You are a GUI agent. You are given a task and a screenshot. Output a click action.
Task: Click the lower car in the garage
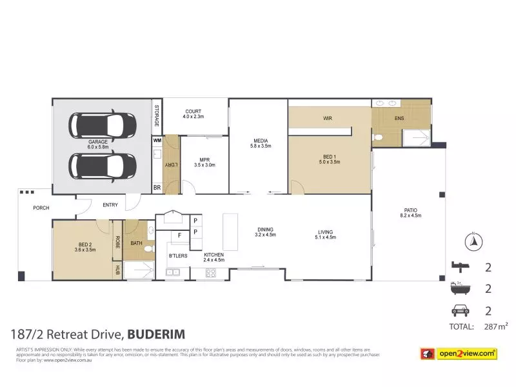[x=103, y=166]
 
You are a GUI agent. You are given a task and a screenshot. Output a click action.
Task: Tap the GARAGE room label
[x=98, y=143]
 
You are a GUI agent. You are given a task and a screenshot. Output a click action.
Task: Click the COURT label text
[x=193, y=114]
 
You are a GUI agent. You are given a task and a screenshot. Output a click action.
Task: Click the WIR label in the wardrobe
[x=327, y=119]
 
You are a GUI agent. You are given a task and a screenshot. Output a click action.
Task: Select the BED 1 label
[x=329, y=158]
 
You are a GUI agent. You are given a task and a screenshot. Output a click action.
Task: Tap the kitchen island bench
[x=230, y=232]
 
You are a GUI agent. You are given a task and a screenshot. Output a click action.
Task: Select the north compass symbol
[x=472, y=241]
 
